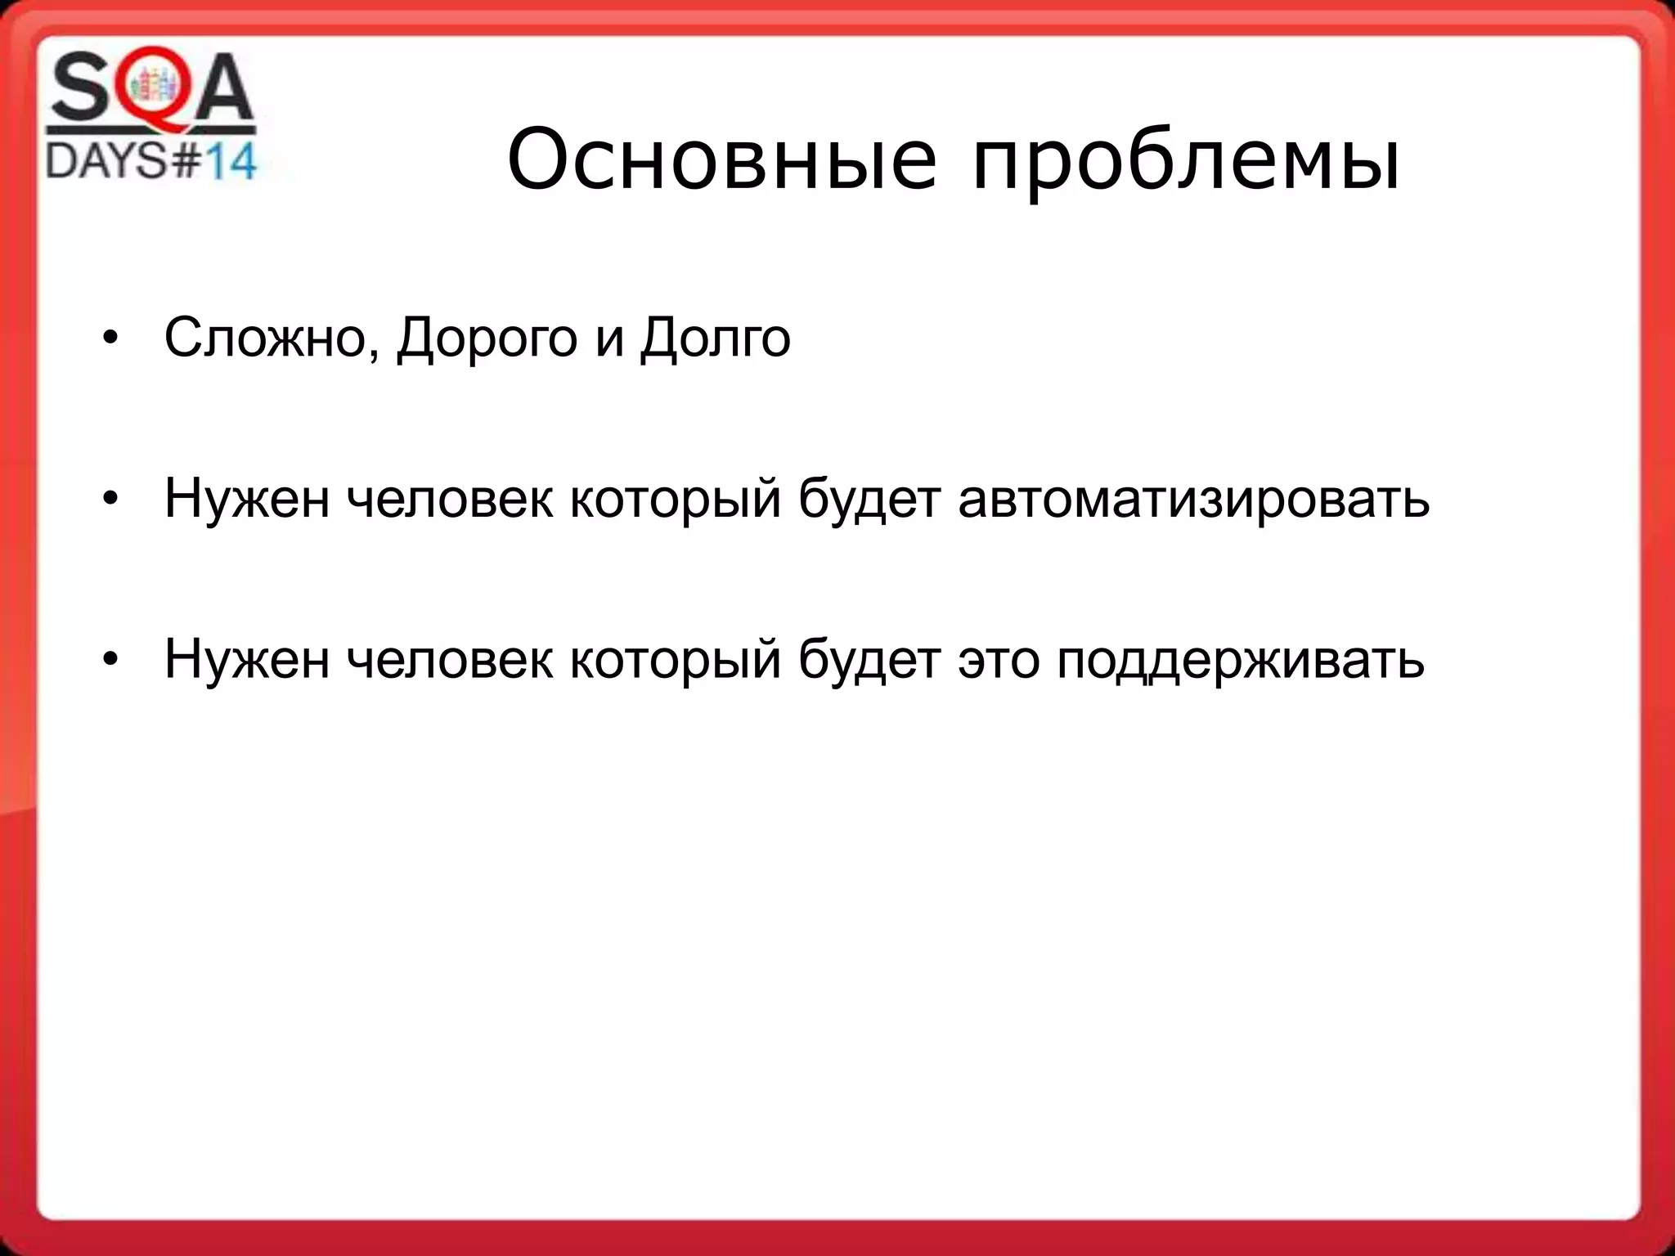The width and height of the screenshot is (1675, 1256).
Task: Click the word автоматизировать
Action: point(1193,499)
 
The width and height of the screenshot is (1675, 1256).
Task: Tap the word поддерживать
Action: point(1240,659)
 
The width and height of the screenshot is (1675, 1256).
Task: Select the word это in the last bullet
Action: point(999,659)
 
